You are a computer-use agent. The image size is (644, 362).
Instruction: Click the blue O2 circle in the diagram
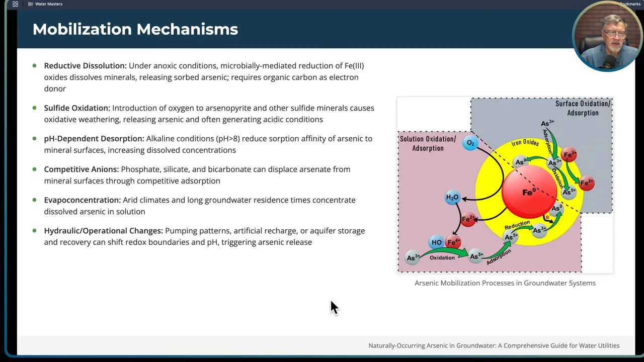click(470, 143)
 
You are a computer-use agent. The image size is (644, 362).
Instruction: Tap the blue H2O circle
click(452, 198)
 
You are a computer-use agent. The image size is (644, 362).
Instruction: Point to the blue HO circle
click(437, 242)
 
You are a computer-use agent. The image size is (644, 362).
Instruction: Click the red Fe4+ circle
click(453, 242)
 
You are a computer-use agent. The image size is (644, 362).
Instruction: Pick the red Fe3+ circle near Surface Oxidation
click(570, 155)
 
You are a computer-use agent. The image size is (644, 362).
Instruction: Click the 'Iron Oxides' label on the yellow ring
click(525, 143)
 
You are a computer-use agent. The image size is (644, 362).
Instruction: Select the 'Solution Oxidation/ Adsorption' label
click(428, 143)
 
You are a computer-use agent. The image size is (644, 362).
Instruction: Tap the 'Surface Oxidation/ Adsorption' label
click(583, 108)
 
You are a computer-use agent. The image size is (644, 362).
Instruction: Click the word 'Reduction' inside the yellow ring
click(517, 224)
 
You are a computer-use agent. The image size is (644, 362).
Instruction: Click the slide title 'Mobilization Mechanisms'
click(135, 29)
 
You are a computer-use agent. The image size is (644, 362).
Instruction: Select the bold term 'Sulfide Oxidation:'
click(76, 108)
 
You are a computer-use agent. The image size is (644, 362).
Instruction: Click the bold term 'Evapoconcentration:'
click(82, 200)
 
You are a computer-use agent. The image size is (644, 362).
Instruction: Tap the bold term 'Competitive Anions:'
click(81, 169)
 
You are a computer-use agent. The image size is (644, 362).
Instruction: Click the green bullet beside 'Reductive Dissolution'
click(34, 65)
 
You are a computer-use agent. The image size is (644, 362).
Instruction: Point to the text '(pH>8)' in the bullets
click(227, 139)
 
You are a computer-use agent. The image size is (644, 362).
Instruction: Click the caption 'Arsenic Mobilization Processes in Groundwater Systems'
click(505, 283)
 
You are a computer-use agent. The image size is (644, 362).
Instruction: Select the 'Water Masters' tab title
click(49, 4)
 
